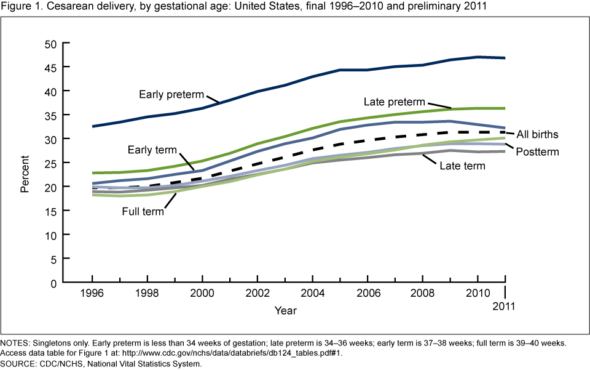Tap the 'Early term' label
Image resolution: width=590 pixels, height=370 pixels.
point(152,150)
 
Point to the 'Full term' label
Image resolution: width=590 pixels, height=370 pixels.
point(142,211)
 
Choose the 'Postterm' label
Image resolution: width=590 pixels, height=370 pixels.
point(537,151)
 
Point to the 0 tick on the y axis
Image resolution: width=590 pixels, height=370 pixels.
point(53,283)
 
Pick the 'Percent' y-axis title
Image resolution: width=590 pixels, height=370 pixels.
point(25,163)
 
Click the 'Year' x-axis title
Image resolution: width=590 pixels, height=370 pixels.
point(286,310)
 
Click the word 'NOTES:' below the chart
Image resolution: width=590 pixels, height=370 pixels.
point(17,342)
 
